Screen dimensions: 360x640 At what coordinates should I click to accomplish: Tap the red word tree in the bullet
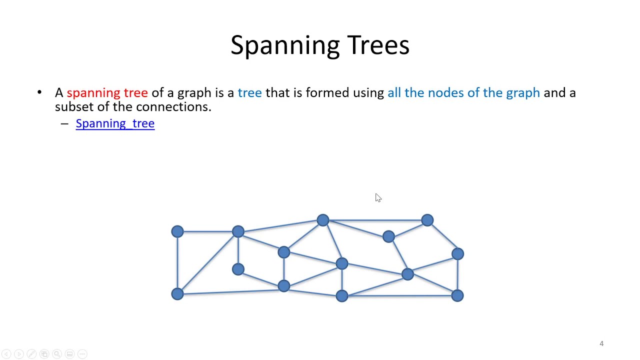point(135,93)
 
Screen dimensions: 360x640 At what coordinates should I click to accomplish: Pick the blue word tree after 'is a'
point(249,93)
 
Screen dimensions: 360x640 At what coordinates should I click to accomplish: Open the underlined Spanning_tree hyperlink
point(115,123)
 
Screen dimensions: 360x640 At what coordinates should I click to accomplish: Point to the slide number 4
point(601,343)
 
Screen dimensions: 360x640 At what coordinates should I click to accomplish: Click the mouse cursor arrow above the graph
point(377,197)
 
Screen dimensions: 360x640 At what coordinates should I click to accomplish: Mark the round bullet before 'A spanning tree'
point(39,92)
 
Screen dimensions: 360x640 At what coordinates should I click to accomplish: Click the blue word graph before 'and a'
point(522,93)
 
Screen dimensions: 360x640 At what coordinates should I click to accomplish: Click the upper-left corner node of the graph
point(177,231)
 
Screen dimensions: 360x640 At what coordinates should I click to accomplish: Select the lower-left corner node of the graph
point(177,293)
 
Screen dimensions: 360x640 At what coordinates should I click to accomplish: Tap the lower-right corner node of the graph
point(457,295)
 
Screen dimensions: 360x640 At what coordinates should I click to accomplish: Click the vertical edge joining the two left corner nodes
point(177,262)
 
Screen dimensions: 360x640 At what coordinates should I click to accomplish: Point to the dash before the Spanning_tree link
point(64,123)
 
